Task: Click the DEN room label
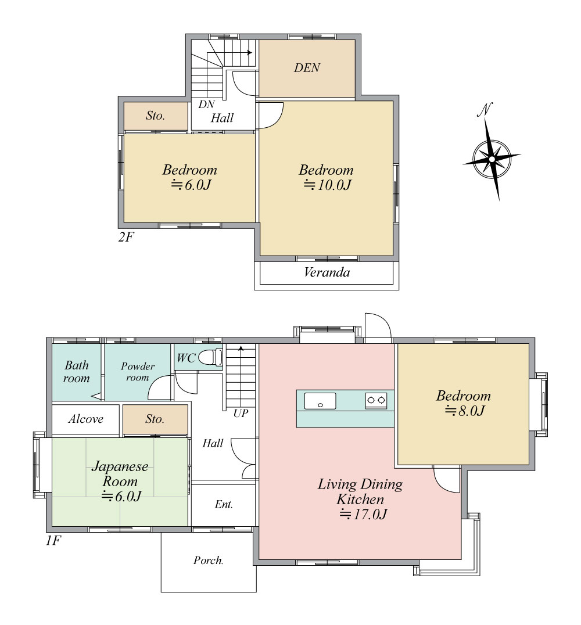coord(307,68)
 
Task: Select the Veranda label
coord(327,272)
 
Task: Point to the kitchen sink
coord(320,401)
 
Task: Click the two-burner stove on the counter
coord(376,400)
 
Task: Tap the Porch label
coord(208,561)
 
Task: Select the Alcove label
coord(86,419)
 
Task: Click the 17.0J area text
coord(363,514)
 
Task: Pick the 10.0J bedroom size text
coord(327,185)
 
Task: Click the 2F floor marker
coord(126,237)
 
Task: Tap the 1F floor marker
coord(53,541)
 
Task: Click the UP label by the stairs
coord(241,414)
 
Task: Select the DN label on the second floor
coord(207,105)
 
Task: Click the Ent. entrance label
coord(224,504)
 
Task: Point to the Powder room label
coord(138,372)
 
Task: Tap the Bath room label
coord(77,372)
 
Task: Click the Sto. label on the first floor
coord(155,419)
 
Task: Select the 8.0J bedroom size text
coord(465,411)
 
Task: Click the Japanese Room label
coord(120,473)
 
